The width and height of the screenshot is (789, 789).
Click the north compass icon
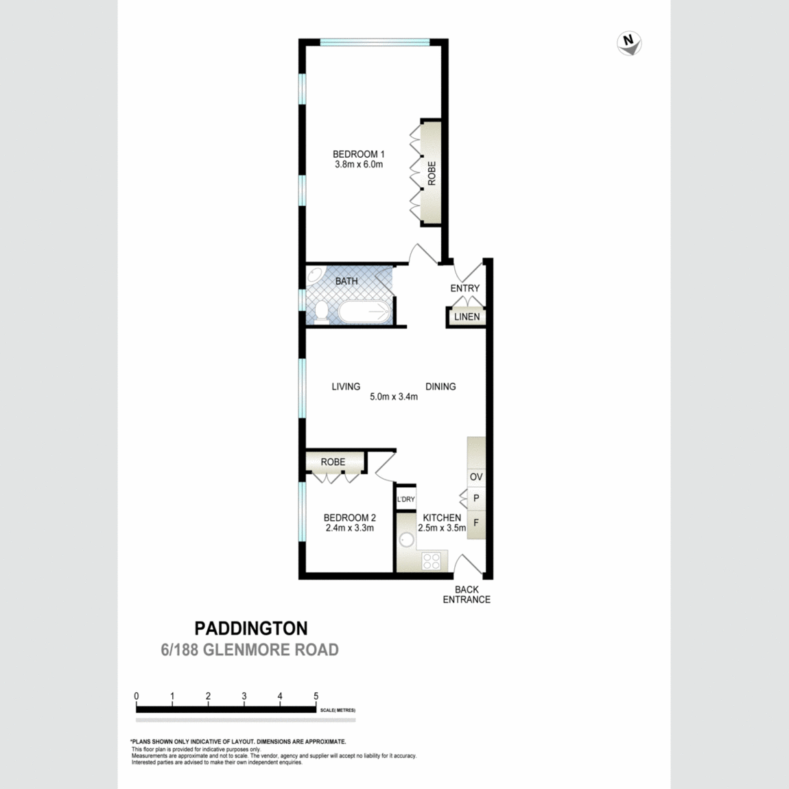pyautogui.click(x=629, y=43)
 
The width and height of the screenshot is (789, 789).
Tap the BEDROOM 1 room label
pyautogui.click(x=358, y=154)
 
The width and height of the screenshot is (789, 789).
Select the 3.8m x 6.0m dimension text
pyautogui.click(x=358, y=165)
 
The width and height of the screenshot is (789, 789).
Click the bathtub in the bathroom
pyautogui.click(x=364, y=313)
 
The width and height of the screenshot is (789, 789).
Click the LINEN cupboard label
pyautogui.click(x=467, y=317)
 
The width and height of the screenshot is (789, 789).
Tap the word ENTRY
pyautogui.click(x=464, y=288)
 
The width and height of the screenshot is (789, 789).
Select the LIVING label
pyautogui.click(x=346, y=386)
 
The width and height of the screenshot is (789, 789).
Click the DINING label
pyautogui.click(x=440, y=386)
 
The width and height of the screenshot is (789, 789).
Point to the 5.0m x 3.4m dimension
pyautogui.click(x=394, y=397)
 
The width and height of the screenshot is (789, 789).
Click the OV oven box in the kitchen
pyautogui.click(x=476, y=476)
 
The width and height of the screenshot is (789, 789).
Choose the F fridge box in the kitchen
pyautogui.click(x=476, y=523)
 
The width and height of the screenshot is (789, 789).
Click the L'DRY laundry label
pyautogui.click(x=405, y=499)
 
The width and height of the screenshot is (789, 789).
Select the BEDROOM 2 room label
pyautogui.click(x=349, y=518)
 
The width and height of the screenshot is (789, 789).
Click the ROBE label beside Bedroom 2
pyautogui.click(x=333, y=462)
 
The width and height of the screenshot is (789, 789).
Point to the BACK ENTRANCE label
pyautogui.click(x=467, y=594)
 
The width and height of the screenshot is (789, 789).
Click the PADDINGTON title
pyautogui.click(x=251, y=628)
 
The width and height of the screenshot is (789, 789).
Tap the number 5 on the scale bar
pyautogui.click(x=316, y=696)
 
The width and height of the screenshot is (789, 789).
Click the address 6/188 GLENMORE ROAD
pyautogui.click(x=250, y=650)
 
